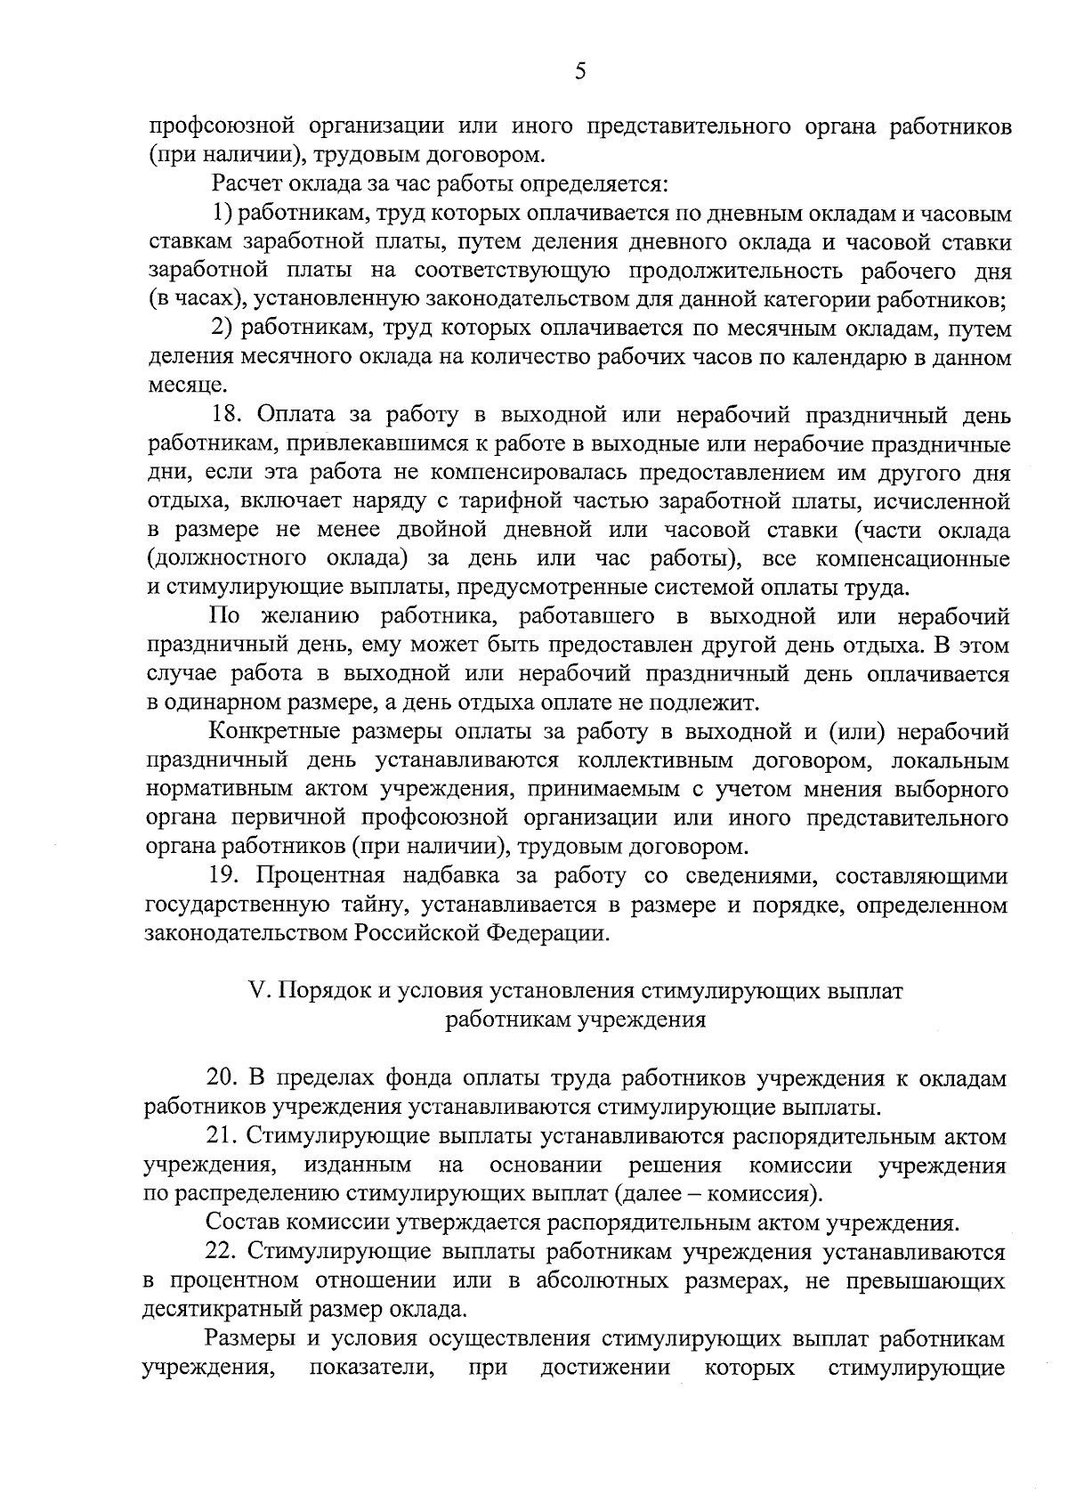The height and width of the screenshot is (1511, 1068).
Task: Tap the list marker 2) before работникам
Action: tap(222, 329)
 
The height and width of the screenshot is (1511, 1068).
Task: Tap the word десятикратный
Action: tap(222, 1311)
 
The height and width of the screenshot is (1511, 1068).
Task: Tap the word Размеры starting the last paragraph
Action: tap(248, 1338)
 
